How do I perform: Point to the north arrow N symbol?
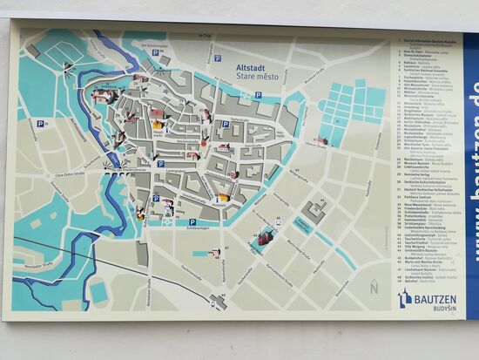coord(374,286)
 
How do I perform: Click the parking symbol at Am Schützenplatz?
coord(156,53)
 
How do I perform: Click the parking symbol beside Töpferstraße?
coord(225,124)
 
